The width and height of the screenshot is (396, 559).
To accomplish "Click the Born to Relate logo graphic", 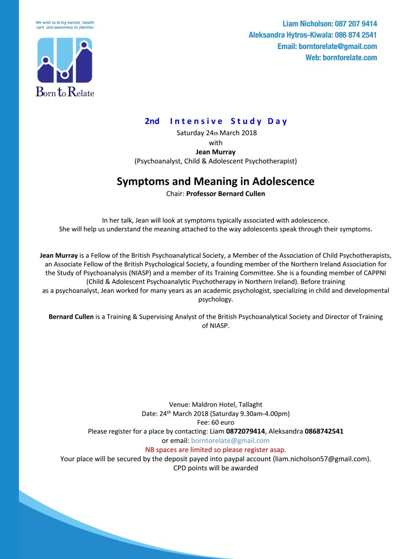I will (x=64, y=60).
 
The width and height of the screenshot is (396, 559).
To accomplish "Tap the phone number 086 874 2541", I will (x=356, y=35).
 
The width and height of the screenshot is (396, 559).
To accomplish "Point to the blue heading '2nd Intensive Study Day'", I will (x=216, y=121).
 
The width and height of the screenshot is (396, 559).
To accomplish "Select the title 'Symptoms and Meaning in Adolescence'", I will (x=215, y=181).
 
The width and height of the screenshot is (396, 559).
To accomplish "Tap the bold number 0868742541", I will (x=324, y=431).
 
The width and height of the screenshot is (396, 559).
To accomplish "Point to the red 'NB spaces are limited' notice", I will (x=215, y=450).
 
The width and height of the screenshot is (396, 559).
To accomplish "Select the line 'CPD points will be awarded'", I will (x=215, y=468).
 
